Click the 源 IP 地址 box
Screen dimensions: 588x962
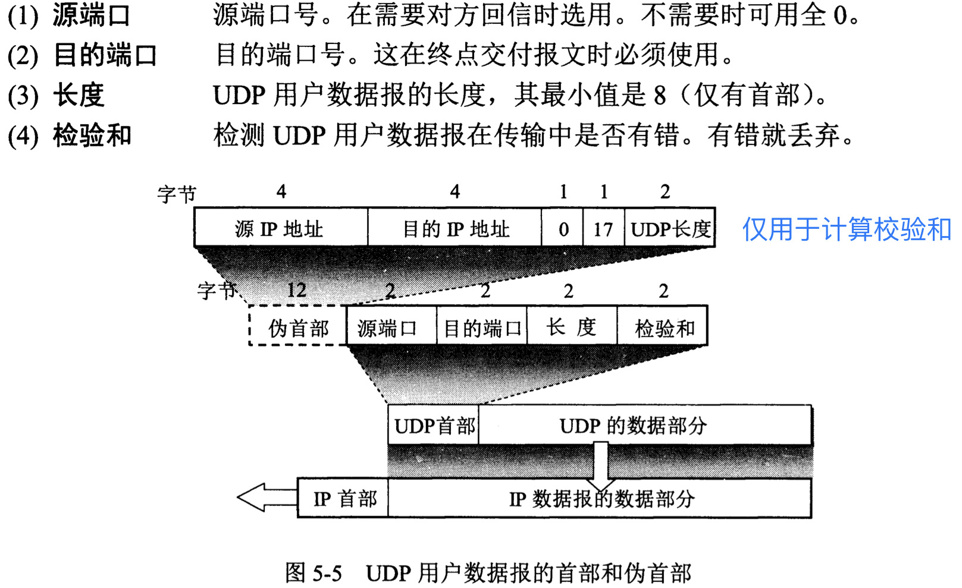point(280,228)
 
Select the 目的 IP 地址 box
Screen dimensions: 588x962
point(455,228)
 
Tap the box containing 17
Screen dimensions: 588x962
point(603,228)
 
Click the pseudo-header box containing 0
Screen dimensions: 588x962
point(563,228)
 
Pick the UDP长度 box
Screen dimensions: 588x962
point(670,228)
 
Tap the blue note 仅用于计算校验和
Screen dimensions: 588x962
point(846,229)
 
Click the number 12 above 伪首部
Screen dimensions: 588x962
point(296,290)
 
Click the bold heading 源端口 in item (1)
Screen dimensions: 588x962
point(90,15)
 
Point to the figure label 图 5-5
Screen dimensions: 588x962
point(314,573)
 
